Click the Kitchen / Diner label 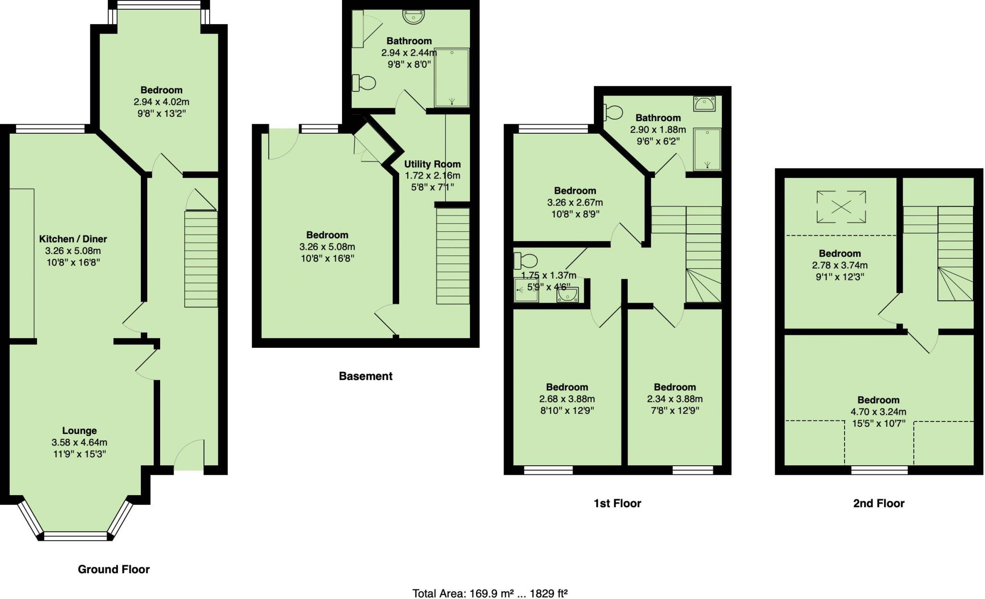pos(73,239)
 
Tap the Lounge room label pos(79,431)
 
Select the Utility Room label pos(432,164)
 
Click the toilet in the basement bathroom pos(364,83)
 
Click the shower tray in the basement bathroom pos(451,77)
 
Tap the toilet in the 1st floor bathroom pos(613,113)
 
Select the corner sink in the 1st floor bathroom pos(705,103)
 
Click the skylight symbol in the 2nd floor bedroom pos(841,207)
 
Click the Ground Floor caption pos(114,569)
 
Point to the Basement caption pos(366,376)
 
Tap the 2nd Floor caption pos(878,503)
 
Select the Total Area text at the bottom pos(490,593)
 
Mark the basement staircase pos(453,255)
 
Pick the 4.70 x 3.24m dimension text pos(878,412)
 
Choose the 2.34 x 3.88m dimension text pos(674,399)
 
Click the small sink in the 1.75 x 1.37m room pos(568,294)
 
